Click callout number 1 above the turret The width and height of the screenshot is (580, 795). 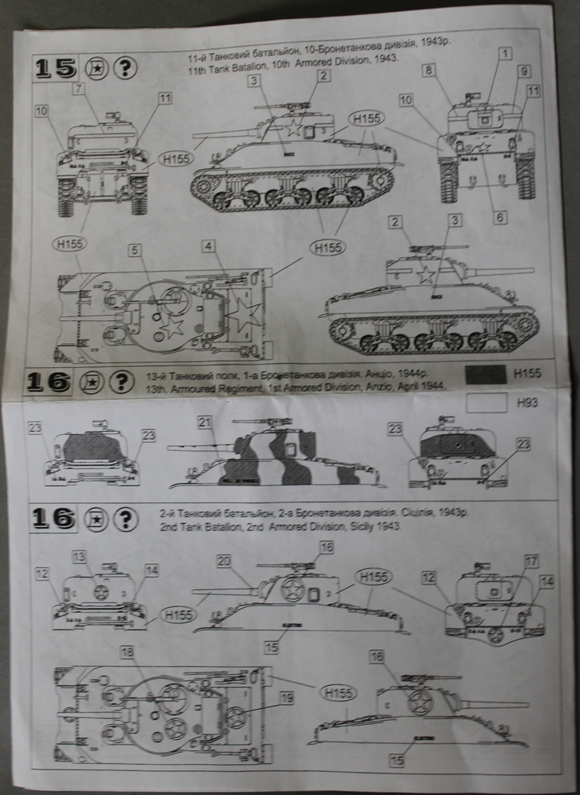click(x=505, y=54)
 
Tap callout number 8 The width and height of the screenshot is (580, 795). click(x=428, y=70)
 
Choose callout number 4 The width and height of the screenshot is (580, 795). click(x=208, y=245)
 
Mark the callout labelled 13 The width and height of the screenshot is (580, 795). click(x=80, y=556)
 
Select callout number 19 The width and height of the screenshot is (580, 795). click(x=285, y=698)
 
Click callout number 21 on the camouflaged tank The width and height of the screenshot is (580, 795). click(x=204, y=423)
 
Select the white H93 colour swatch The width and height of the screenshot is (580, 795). click(x=486, y=403)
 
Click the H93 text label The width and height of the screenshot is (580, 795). click(x=527, y=403)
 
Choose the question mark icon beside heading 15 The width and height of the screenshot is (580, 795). click(x=125, y=68)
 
